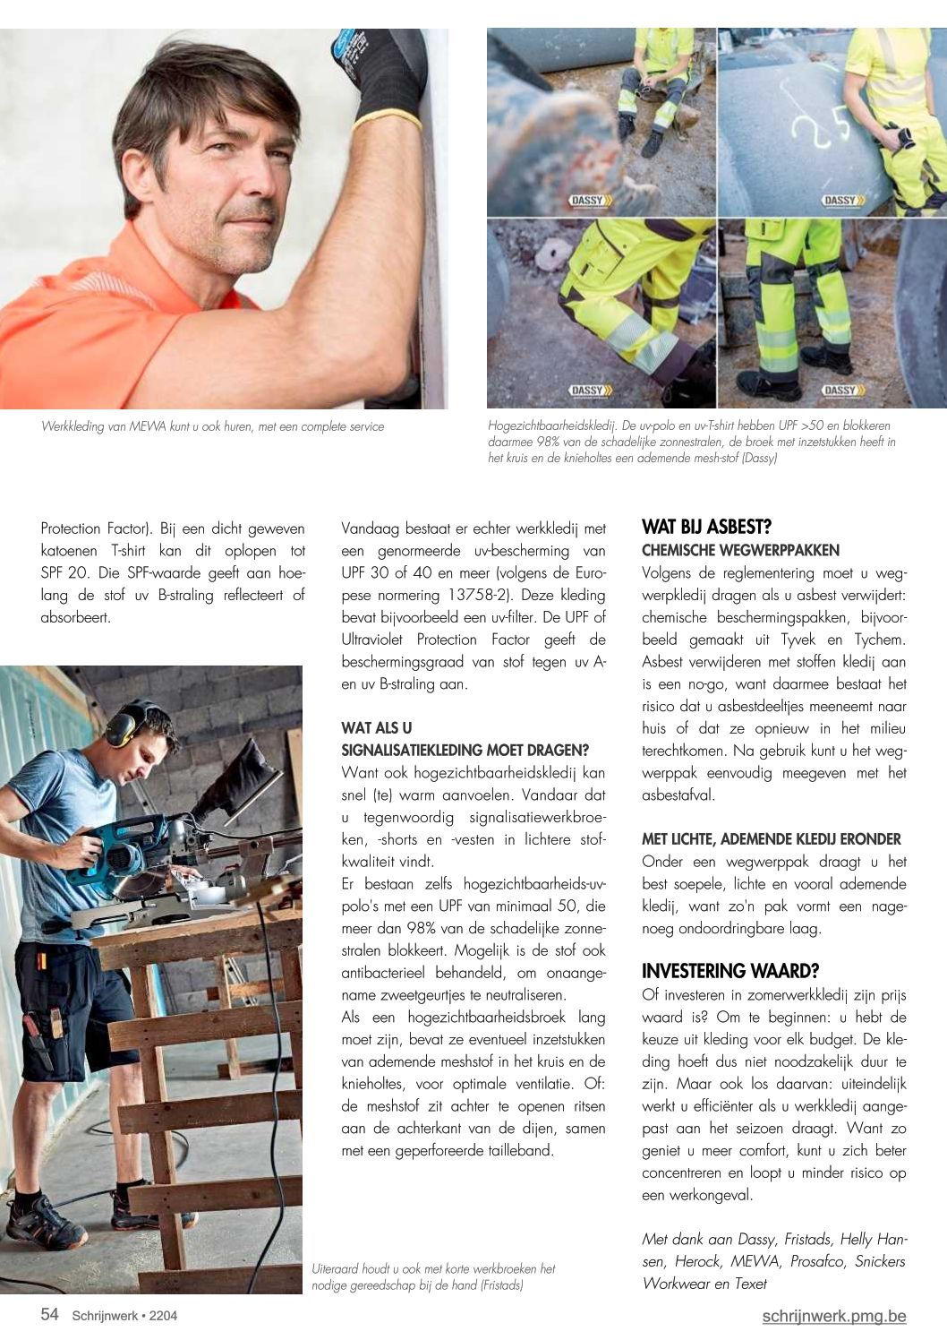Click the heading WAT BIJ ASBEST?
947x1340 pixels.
(706, 527)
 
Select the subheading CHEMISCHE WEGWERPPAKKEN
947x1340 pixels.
(740, 550)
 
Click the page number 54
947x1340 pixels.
(50, 1315)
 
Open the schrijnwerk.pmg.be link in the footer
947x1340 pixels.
(834, 1316)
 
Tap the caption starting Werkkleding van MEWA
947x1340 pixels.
(212, 426)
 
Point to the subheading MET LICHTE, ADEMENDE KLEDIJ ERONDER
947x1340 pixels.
(771, 839)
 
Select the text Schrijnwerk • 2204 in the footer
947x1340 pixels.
(124, 1316)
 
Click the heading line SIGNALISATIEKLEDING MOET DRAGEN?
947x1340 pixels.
(465, 750)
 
